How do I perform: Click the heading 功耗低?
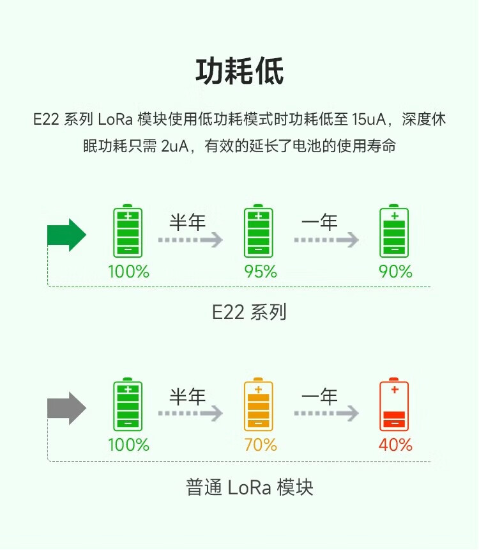tap(240, 72)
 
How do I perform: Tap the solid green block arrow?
tap(66, 235)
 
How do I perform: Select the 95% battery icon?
tap(258, 232)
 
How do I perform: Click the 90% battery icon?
tap(394, 232)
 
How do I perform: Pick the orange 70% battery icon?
tap(258, 405)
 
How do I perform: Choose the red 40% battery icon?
tap(394, 405)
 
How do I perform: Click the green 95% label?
tap(261, 272)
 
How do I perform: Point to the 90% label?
tap(396, 272)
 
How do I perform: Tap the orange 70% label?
tap(261, 445)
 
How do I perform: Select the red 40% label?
tap(396, 445)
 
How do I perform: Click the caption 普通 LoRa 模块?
tap(250, 488)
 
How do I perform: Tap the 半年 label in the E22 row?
tap(188, 223)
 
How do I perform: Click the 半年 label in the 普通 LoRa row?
tap(188, 397)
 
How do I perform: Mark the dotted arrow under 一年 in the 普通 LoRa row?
tap(326, 414)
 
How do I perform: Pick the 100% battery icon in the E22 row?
tap(128, 232)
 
